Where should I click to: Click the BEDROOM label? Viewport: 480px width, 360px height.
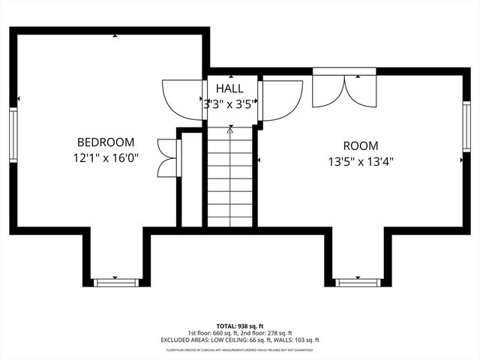(x=106, y=142)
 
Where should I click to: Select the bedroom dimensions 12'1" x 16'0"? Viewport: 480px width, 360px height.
(x=106, y=158)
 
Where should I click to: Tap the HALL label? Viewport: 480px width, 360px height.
(x=229, y=89)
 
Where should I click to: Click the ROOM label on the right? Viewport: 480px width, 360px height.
(x=361, y=145)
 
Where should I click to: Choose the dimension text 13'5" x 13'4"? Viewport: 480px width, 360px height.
(x=361, y=160)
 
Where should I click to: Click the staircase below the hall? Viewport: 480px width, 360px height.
(x=230, y=180)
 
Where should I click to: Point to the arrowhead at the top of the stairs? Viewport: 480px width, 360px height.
(x=230, y=130)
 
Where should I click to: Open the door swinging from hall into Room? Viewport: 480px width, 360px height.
(x=281, y=99)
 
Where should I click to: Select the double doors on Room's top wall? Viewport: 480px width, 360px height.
(x=344, y=88)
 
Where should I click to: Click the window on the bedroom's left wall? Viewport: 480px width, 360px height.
(x=13, y=134)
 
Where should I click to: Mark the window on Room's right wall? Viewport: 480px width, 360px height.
(x=466, y=127)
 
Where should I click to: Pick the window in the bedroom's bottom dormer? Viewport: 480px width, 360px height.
(x=116, y=282)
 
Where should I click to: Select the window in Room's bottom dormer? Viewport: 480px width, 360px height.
(x=358, y=282)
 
